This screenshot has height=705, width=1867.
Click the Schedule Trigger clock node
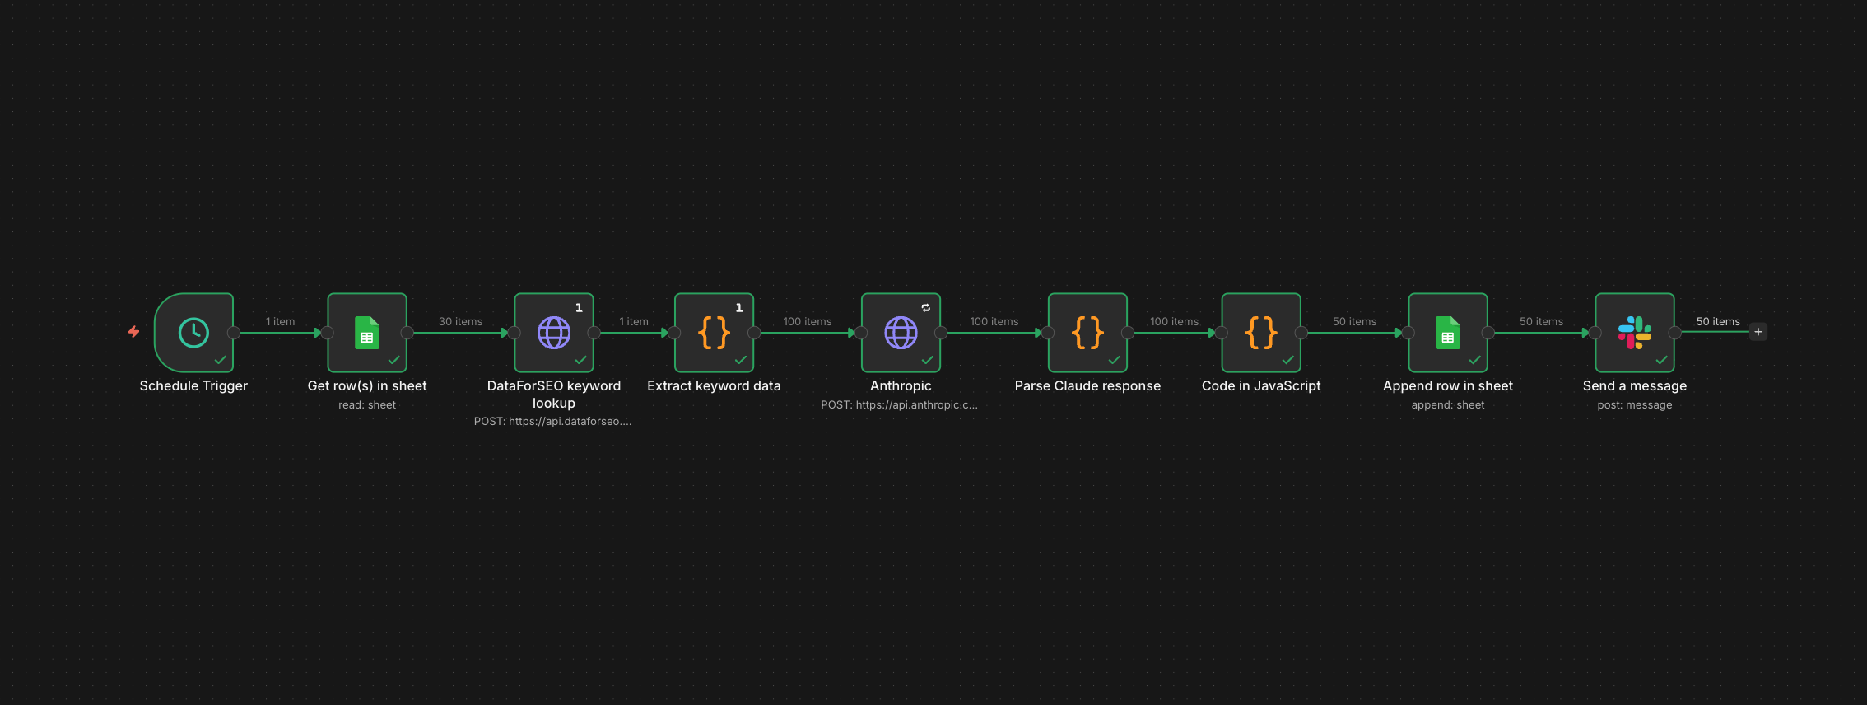tap(193, 333)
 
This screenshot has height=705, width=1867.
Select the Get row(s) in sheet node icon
tap(367, 333)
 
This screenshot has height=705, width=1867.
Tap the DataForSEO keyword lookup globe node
tap(554, 333)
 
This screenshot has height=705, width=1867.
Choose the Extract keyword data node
tap(714, 333)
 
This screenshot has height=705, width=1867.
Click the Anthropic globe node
tap(901, 333)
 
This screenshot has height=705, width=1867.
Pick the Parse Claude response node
tap(1087, 333)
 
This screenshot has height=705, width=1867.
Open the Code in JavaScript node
tap(1261, 333)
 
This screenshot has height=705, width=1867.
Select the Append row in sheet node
tap(1448, 333)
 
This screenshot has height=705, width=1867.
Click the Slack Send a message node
tap(1635, 333)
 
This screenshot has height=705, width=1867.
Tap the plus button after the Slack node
tap(1758, 332)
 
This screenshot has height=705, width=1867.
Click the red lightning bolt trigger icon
tap(133, 332)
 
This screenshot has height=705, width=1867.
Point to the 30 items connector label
tap(460, 321)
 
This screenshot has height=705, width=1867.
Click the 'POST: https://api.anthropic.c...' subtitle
tap(899, 404)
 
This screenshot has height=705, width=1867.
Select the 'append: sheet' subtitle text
tap(1448, 404)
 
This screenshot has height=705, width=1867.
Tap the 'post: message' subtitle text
tap(1635, 404)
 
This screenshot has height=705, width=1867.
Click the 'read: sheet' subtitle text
tap(367, 404)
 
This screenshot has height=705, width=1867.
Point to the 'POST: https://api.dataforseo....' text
tap(553, 421)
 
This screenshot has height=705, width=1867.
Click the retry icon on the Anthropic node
tap(926, 307)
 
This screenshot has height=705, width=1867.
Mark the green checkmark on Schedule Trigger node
tap(221, 360)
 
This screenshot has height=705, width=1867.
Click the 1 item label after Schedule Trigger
tap(280, 321)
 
